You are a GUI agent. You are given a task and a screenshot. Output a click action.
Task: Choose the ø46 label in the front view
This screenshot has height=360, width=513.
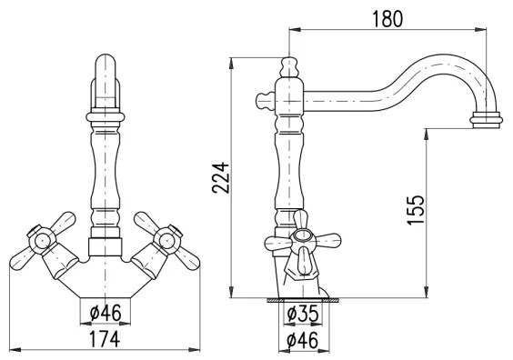pyautogui.click(x=106, y=315)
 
